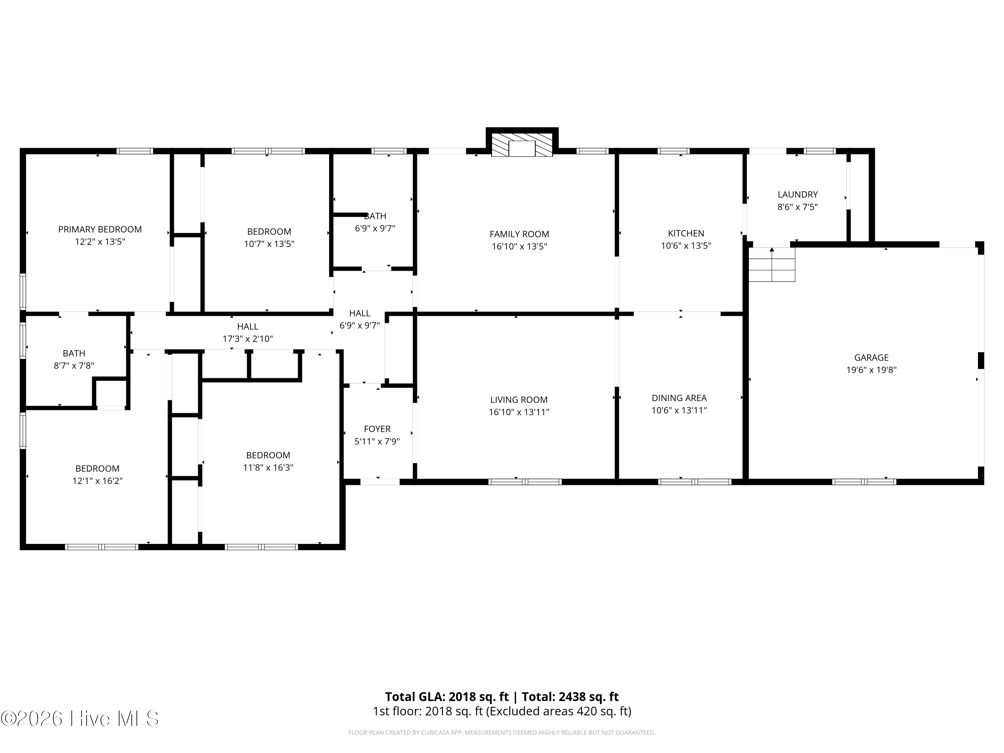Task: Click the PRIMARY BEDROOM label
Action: tap(100, 229)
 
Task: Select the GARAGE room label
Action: tap(871, 358)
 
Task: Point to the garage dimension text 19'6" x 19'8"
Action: tap(871, 370)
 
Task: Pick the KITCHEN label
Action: tap(686, 233)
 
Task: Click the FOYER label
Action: tap(377, 429)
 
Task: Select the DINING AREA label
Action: tap(679, 398)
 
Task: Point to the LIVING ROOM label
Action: tap(519, 400)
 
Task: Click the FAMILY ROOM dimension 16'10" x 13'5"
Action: tap(519, 246)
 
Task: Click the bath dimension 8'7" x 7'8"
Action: tap(74, 365)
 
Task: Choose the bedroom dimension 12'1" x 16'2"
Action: tap(98, 481)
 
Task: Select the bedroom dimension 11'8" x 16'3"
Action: tap(268, 468)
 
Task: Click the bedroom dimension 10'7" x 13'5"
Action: tap(269, 244)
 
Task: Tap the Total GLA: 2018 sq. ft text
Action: tap(447, 697)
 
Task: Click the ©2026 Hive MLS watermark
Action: tap(80, 719)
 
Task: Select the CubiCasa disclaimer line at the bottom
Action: tap(502, 733)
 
